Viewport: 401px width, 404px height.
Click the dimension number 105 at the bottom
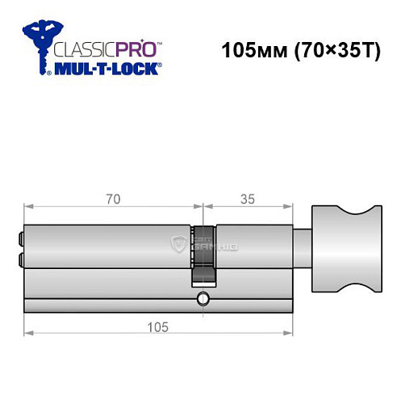click(158, 326)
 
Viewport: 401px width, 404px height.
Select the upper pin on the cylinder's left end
click(20, 240)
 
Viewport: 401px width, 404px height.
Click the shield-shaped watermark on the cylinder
click(179, 243)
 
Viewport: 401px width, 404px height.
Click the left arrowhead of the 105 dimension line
click(28, 332)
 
